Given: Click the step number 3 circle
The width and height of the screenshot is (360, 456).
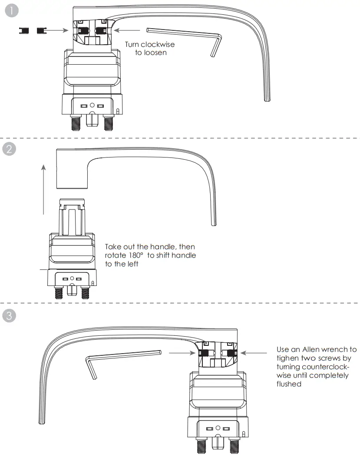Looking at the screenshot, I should click(x=10, y=315).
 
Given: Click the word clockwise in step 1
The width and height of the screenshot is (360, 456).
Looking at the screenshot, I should click(x=158, y=45).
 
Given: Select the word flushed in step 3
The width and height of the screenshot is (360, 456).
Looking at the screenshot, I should click(x=289, y=384).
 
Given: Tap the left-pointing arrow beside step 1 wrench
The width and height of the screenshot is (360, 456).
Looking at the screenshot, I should click(x=128, y=30).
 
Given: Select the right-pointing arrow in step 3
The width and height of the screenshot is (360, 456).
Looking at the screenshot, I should click(x=182, y=354).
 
